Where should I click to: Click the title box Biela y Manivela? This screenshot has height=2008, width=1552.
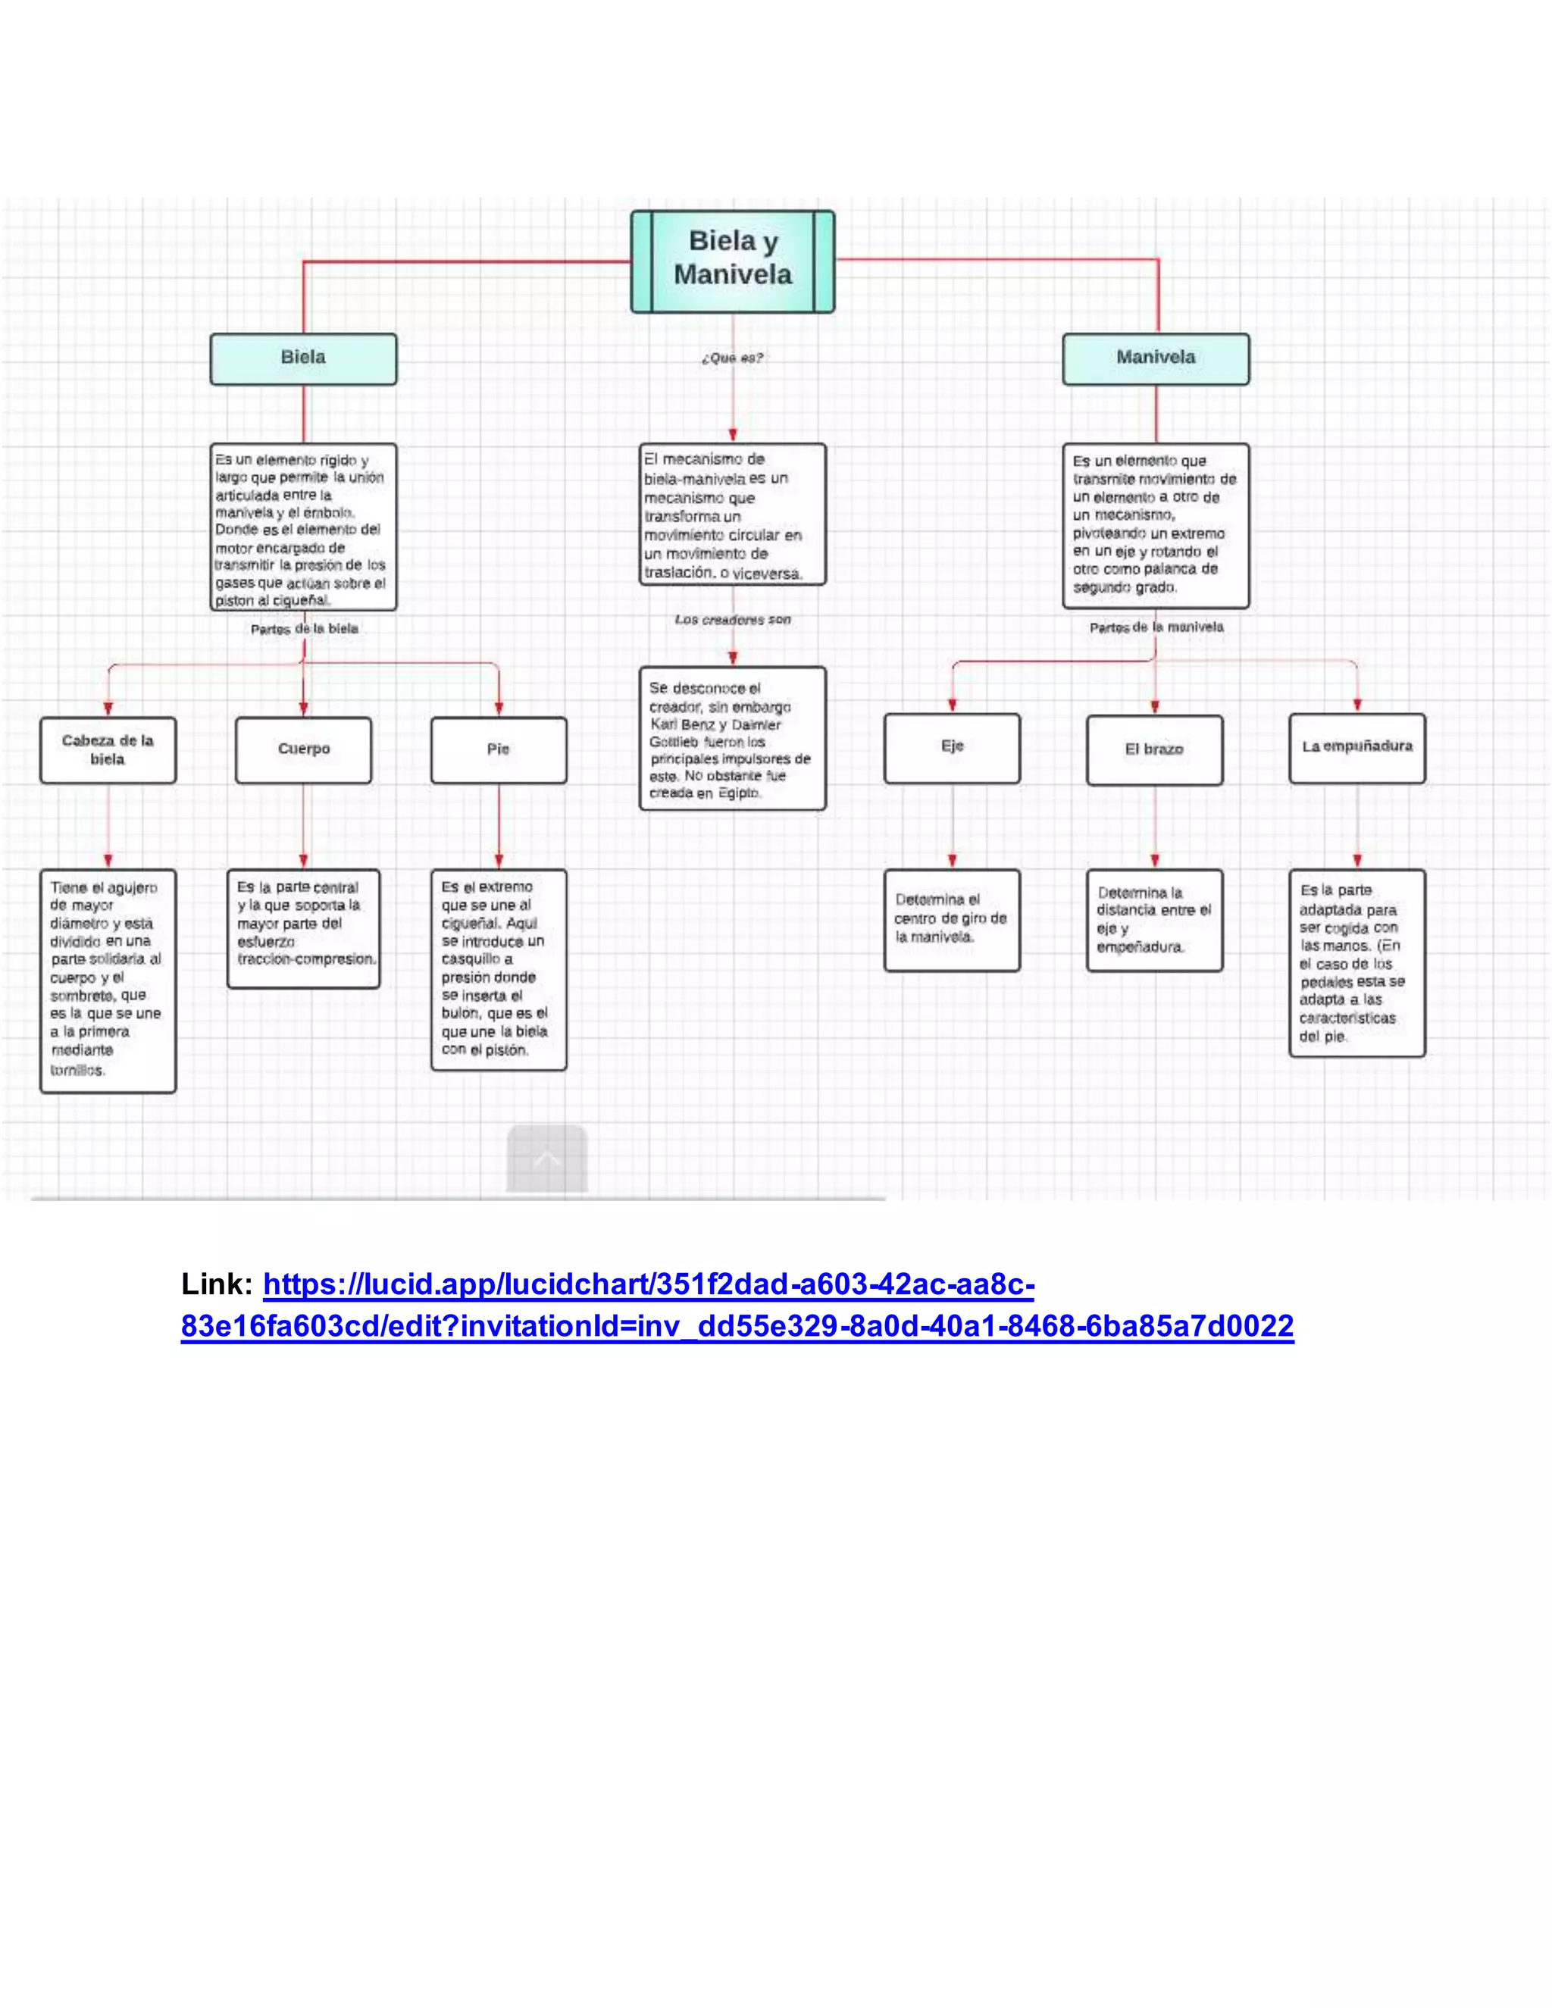pos(733,261)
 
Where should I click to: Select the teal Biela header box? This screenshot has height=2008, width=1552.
pos(303,358)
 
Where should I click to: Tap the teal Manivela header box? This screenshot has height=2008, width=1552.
pos(1156,358)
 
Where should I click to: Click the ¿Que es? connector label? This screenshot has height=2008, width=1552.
pos(733,358)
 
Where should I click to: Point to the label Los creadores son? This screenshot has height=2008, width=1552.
pos(733,620)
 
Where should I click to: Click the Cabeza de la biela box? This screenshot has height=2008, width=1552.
pos(108,750)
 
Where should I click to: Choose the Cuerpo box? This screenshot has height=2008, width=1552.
pos(303,750)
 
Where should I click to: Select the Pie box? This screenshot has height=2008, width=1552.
pos(499,750)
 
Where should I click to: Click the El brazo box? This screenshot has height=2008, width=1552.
pos(1155,750)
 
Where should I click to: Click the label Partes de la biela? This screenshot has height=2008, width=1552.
pos(305,629)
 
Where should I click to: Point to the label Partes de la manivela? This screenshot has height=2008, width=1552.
pos(1156,627)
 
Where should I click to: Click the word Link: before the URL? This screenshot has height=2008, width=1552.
pos(217,1284)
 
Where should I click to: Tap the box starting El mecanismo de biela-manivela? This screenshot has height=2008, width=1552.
pos(733,515)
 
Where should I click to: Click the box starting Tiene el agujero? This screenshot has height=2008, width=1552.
pos(108,980)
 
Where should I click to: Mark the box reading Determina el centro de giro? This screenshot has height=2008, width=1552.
pos(952,919)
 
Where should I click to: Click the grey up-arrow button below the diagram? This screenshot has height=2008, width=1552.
pos(547,1159)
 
